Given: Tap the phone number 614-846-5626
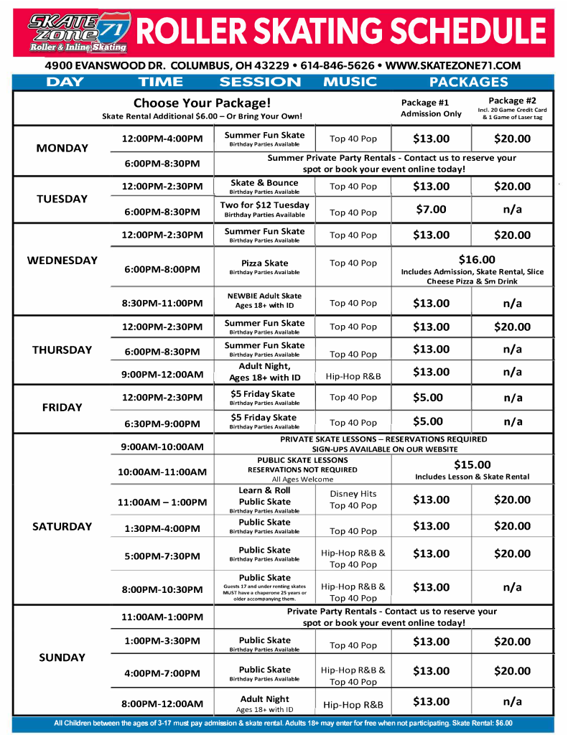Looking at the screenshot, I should click(337, 65).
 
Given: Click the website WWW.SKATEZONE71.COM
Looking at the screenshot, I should click(453, 65).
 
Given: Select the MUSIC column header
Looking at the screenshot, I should click(350, 82).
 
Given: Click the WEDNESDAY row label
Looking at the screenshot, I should click(62, 261).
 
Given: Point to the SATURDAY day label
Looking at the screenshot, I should click(62, 526).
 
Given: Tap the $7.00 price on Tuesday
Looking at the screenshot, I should click(431, 210).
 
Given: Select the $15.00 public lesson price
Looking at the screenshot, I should click(472, 464).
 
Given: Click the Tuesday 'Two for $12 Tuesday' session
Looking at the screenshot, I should click(264, 205).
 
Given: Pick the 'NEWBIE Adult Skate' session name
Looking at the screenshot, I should click(264, 296).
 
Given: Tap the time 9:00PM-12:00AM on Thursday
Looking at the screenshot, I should click(162, 374).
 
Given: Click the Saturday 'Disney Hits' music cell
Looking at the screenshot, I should click(353, 494).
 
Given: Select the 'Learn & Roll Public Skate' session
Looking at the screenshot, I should click(264, 496).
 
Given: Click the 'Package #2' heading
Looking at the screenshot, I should click(512, 100).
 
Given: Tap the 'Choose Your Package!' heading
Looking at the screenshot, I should click(202, 103).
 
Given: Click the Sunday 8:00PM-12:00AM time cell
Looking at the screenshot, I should click(162, 703).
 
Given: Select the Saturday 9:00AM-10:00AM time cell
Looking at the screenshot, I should click(162, 446).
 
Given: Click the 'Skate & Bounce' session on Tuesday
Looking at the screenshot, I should click(264, 183).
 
